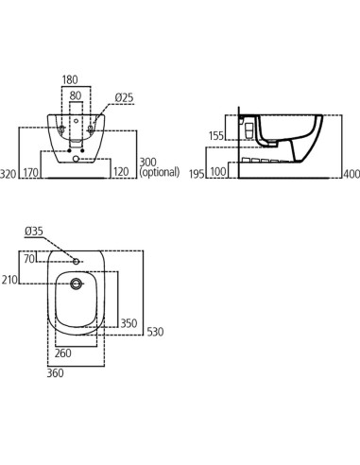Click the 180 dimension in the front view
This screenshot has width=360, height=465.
[x=72, y=81]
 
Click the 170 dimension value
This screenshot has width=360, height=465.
[x=31, y=174]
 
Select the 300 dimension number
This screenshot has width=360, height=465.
[x=147, y=163]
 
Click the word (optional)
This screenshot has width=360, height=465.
[x=160, y=174]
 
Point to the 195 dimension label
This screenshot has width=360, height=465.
[x=197, y=174]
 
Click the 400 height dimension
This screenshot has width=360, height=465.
[x=351, y=174]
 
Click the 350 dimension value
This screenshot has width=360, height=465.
[x=128, y=323]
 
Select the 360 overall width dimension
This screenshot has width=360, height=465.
[x=56, y=375]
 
